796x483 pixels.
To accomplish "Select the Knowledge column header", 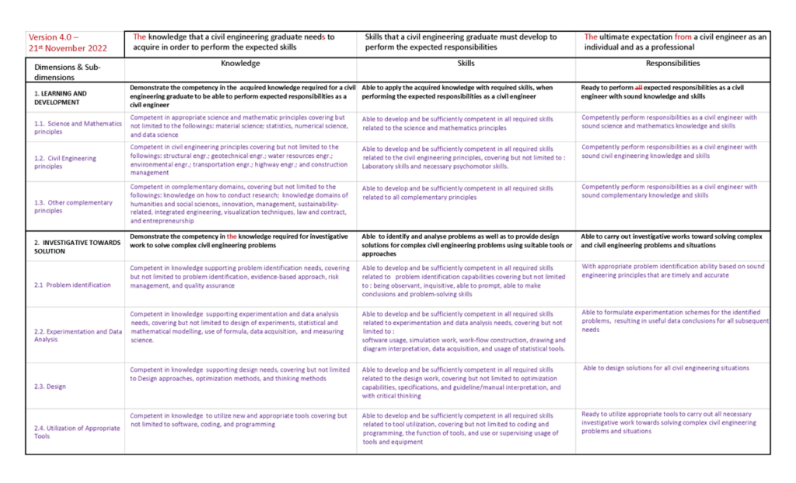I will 240,64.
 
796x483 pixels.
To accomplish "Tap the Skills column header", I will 466,64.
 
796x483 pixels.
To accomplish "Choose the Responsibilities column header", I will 672,64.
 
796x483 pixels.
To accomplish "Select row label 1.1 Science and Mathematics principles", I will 77,127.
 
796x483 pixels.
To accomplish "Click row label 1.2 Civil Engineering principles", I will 65,162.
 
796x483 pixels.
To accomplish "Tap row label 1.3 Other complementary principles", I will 73,206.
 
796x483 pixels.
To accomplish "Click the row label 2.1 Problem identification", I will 72,285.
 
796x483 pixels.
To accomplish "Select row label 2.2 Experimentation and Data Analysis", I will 77,335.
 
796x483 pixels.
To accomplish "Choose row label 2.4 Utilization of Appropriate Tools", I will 77,432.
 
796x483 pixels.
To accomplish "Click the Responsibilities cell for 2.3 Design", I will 666,369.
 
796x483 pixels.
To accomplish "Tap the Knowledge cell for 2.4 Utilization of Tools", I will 239,420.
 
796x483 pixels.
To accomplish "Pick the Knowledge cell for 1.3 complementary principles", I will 239,204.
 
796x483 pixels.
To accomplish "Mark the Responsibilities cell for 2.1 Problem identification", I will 672,271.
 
